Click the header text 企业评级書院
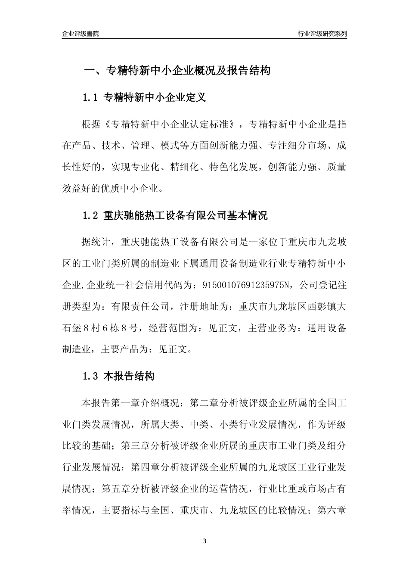coord(80,34)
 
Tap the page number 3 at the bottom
coord(204,541)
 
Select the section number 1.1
coord(91,98)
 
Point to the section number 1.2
coord(91,215)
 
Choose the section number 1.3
coord(91,376)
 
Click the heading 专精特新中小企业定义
coord(155,98)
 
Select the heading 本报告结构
coord(129,376)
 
